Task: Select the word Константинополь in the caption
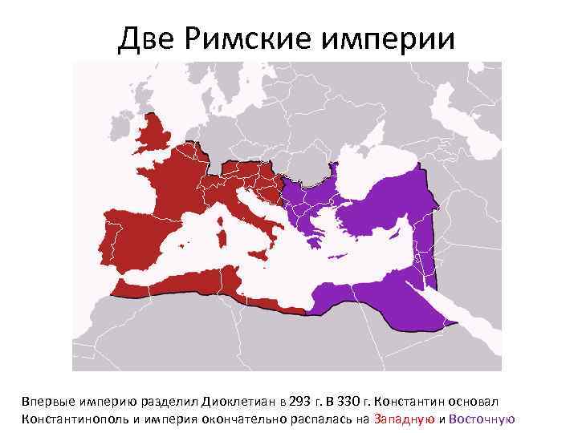pos(65,419)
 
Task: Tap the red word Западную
pos(405,419)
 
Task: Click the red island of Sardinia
pos(222,237)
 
